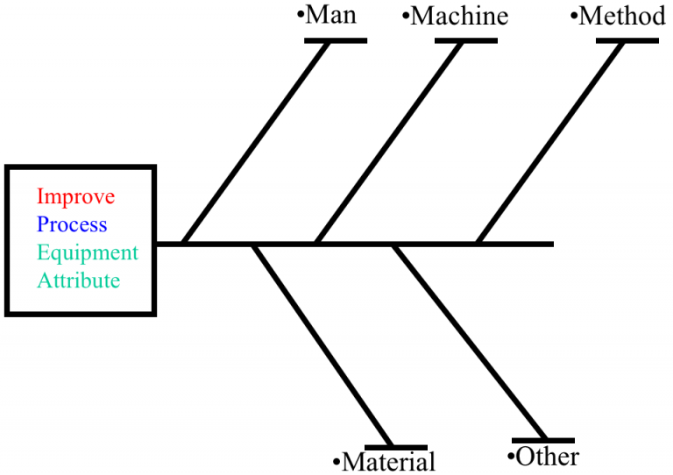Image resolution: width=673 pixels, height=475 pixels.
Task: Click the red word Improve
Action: [75, 195]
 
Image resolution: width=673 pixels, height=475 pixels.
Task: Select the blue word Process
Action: [72, 224]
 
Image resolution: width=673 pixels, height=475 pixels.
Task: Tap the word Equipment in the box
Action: [88, 253]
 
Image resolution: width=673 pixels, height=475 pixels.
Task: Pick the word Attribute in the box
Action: [78, 281]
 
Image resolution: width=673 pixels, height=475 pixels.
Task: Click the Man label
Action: [330, 16]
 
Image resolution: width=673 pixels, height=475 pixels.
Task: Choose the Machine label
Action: [458, 17]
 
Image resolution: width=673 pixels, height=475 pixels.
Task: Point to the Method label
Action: [621, 16]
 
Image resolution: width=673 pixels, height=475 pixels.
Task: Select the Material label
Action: [387, 461]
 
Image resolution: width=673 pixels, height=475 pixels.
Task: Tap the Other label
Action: [546, 457]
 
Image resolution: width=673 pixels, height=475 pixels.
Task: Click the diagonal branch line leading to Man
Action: [256, 142]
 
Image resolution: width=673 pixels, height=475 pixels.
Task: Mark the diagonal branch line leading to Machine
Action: [388, 142]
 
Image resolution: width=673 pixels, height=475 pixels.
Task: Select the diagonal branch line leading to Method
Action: [550, 142]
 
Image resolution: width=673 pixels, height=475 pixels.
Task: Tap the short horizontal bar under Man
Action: [336, 40]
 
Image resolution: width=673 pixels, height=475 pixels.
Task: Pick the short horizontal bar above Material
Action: [407, 447]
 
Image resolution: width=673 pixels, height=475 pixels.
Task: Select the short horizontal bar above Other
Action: [543, 440]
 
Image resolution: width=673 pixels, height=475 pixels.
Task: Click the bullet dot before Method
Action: [574, 17]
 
